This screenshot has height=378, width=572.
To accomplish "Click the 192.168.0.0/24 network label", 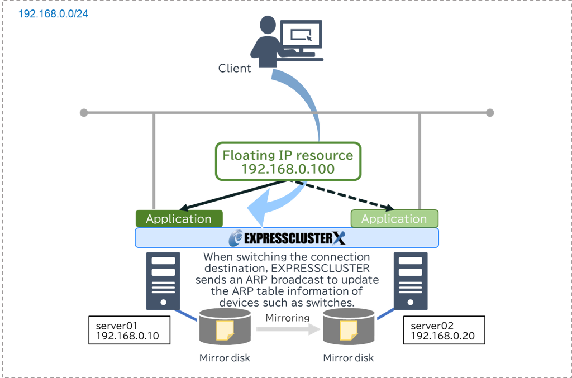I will click(53, 13).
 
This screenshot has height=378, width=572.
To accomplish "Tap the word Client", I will click(235, 69).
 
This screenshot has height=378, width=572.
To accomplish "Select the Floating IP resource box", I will click(288, 162).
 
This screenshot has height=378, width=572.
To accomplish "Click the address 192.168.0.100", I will click(288, 169).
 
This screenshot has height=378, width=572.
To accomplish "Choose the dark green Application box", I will click(179, 219).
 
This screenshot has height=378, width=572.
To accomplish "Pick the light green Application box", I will click(394, 219).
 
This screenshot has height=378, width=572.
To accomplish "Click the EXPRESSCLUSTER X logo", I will click(287, 238).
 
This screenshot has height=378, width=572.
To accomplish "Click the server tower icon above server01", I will click(163, 281).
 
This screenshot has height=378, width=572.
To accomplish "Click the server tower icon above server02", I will click(411, 281).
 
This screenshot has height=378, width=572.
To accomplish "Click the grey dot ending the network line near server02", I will click(490, 113).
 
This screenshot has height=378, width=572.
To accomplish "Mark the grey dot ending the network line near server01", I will click(84, 113).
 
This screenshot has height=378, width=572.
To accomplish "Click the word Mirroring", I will click(287, 318).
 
